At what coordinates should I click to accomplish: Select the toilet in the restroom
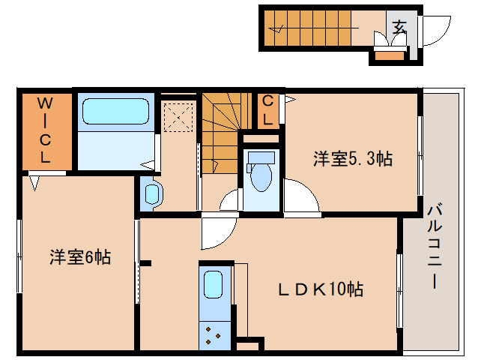(x=261, y=175)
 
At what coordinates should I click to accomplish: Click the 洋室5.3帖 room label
(x=352, y=158)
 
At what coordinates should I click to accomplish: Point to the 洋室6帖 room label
(x=80, y=257)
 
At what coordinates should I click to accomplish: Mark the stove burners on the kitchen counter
(x=213, y=333)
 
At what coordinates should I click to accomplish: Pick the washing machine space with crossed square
(x=179, y=118)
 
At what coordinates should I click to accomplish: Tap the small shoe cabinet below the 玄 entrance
(x=389, y=55)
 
